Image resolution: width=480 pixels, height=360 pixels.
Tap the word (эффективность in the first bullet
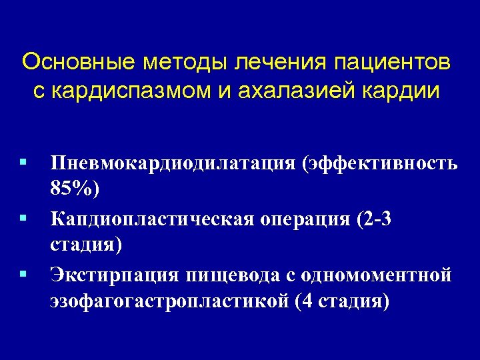[x=380, y=164]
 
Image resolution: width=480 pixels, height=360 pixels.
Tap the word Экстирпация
[x=115, y=275]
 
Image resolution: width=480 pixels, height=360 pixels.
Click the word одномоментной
[x=376, y=275]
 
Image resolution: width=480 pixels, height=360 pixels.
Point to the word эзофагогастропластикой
[x=171, y=301]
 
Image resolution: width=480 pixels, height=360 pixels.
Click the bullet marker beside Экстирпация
[x=23, y=273]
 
